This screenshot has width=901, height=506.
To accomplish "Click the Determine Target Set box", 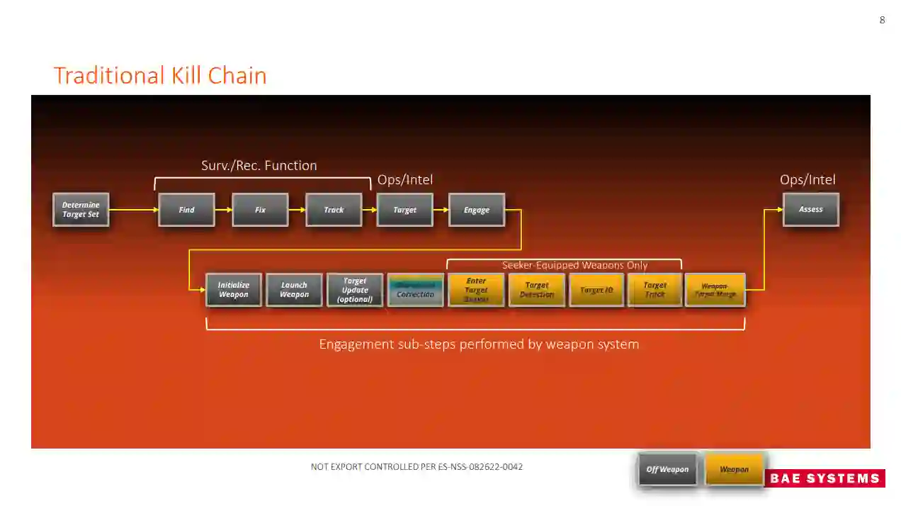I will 81,210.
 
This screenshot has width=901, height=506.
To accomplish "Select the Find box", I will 186,210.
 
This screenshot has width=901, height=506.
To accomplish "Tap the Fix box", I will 260,210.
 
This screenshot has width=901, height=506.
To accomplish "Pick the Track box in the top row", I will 334,210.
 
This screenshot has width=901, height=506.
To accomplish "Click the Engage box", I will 476,210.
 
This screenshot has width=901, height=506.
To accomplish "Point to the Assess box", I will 810,210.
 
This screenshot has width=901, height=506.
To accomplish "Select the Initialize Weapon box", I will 233,290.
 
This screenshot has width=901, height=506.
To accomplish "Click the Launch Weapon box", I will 294,290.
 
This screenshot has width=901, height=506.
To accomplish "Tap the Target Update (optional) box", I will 355,290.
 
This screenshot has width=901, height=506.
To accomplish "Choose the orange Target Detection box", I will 537,290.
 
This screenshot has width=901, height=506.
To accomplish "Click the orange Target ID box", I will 596,290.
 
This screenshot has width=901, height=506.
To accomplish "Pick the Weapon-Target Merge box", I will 715,290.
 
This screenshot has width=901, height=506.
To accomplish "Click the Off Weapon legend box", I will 667,469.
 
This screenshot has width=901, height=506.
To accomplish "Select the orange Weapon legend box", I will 735,469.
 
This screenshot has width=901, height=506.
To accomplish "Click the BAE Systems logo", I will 824,478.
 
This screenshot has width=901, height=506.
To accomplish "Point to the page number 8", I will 882,20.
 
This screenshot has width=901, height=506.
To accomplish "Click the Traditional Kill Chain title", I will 160,75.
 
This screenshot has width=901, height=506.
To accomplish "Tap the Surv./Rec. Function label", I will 259,165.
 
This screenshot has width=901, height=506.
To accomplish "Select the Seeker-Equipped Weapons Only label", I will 574,265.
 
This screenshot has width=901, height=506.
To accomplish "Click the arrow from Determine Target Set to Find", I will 133,210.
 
